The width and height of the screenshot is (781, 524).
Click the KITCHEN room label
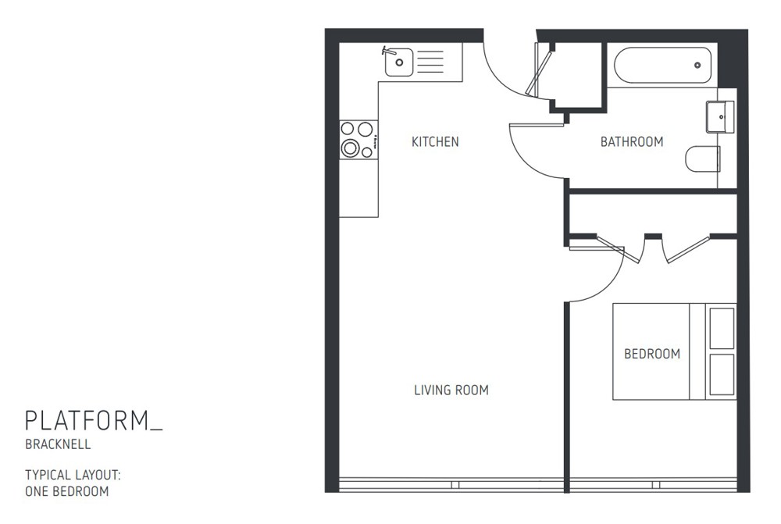tap(435, 142)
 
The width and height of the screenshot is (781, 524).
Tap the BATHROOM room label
tap(631, 142)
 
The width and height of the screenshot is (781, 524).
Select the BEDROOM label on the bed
tap(651, 354)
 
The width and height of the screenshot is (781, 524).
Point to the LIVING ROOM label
tap(451, 390)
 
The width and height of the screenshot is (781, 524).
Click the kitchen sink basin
tap(399, 61)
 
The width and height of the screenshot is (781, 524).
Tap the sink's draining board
tap(431, 61)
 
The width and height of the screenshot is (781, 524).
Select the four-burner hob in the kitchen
tap(358, 139)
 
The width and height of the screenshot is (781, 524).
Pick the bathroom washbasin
tap(720, 116)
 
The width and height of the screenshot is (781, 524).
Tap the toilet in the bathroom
tap(702, 159)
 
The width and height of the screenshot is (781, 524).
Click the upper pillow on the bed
tap(722, 328)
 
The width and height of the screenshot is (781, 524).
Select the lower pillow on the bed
tap(722, 376)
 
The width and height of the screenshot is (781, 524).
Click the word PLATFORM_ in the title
tap(94, 421)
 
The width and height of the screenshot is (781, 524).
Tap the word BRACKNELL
tap(58, 445)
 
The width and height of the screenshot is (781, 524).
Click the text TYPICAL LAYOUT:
tap(73, 475)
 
